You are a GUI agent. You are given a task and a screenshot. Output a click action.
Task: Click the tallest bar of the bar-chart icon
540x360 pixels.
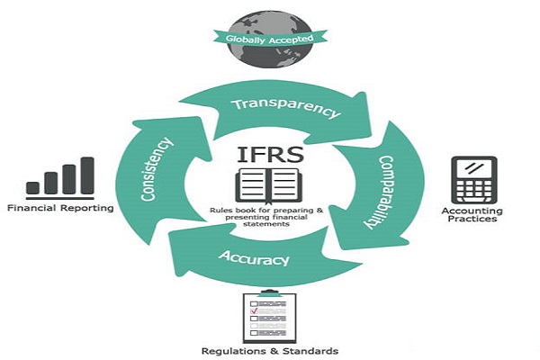pos(87,175)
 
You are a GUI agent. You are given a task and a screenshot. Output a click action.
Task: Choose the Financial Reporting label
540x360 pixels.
pos(60,208)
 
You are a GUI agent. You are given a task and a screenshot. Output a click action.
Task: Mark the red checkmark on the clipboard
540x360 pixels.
pos(255,310)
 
